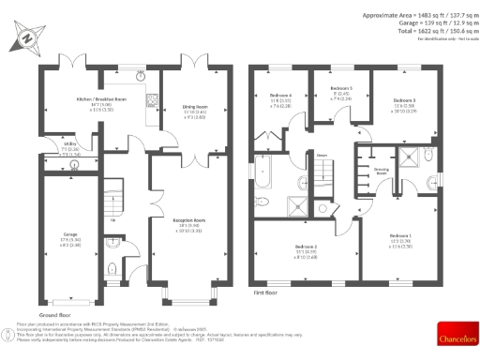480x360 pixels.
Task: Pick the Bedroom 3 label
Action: pyautogui.click(x=404, y=100)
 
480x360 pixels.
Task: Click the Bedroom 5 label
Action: pyautogui.click(x=340, y=90)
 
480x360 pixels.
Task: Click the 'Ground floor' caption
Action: pyautogui.click(x=54, y=315)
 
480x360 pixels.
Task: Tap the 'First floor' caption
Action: pyautogui.click(x=269, y=293)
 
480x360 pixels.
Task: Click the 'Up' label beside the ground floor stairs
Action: pyautogui.click(x=114, y=221)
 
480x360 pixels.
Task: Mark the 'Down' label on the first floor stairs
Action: pyautogui.click(x=321, y=156)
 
